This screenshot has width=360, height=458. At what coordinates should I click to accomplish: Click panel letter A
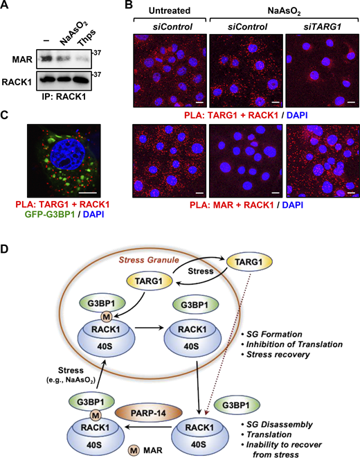coord(6,6)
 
